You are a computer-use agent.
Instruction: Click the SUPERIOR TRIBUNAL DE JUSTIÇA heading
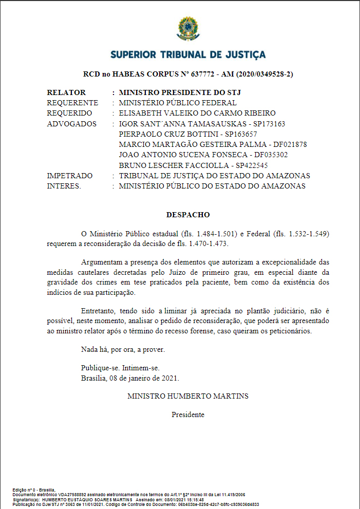coord(188,54)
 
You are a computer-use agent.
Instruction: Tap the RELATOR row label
coord(66,93)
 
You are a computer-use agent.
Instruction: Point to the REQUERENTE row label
coord(72,103)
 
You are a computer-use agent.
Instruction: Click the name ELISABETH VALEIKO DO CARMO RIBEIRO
coord(197,113)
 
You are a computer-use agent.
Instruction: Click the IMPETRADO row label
coord(70,176)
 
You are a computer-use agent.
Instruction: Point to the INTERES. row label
coord(64,186)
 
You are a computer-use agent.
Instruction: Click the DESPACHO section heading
coord(188,214)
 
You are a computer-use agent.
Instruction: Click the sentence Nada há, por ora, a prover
coord(123,349)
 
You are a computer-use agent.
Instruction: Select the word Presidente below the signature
coord(188,414)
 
